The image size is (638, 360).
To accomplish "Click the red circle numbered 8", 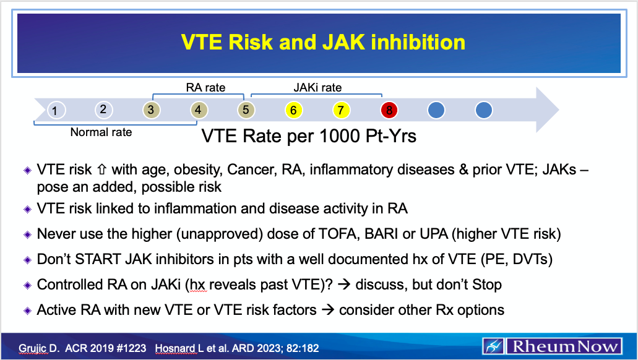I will point(389,111).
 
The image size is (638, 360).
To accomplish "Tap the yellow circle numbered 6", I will point(293,111).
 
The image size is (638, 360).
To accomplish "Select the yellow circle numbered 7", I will point(340,111).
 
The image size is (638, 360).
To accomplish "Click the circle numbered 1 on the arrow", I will point(56,111).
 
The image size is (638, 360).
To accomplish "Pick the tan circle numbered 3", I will point(150,110).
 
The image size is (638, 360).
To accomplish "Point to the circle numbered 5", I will point(246,111).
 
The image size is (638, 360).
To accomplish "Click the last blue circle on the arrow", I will point(484,111).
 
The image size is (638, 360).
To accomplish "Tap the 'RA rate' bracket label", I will point(205,88).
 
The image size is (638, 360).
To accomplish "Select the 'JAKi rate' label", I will point(317,88).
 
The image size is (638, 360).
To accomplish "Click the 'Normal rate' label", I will point(101,132).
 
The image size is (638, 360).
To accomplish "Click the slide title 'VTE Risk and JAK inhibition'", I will point(323,42).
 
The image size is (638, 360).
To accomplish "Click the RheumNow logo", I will point(553,346).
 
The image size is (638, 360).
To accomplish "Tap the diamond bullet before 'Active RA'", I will point(27,310).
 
